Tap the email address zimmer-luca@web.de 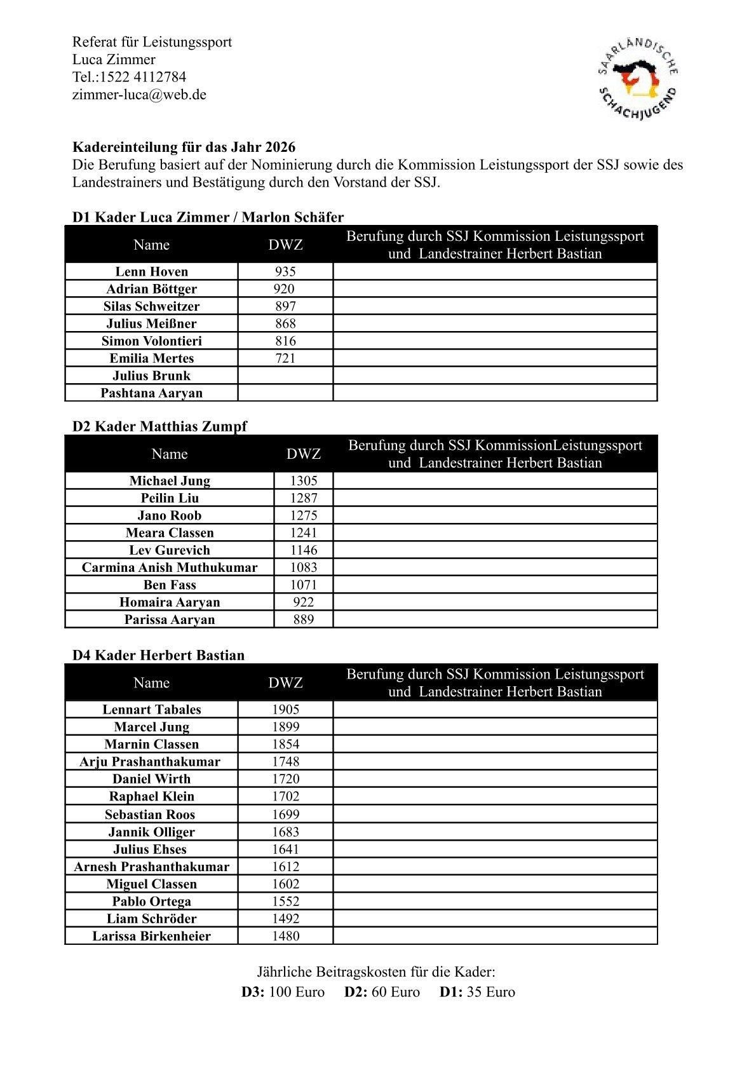(x=139, y=95)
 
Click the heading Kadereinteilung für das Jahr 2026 (x=184, y=147)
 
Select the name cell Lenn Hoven (x=151, y=271)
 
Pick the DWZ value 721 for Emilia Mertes (x=285, y=358)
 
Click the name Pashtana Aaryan (x=151, y=393)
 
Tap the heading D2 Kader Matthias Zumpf (x=159, y=426)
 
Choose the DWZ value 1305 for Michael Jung (x=303, y=481)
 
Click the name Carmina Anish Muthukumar (x=170, y=567)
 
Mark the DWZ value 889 (x=303, y=620)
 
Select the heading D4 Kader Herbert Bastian (x=158, y=655)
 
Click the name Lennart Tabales (x=151, y=710)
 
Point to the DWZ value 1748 (x=285, y=762)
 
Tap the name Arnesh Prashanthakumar (x=151, y=867)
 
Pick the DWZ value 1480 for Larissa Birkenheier (x=285, y=936)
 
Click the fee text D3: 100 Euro (x=283, y=992)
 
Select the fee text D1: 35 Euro (x=477, y=992)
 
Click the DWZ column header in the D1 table (x=285, y=245)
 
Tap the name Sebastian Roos (x=150, y=815)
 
